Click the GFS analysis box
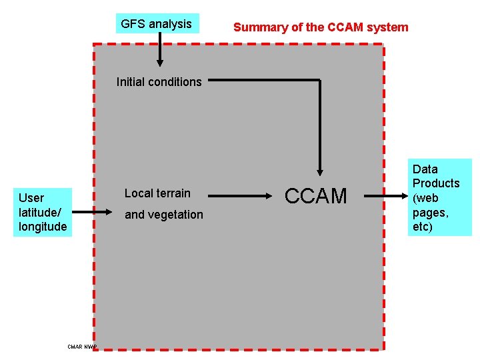[x=157, y=24]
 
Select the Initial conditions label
[x=159, y=82]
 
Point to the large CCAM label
[x=316, y=195]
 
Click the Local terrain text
[x=157, y=193]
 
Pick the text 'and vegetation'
[x=164, y=215]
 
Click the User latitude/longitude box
[x=43, y=212]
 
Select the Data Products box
[x=436, y=197]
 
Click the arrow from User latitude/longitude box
[x=92, y=212]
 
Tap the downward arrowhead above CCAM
[x=320, y=171]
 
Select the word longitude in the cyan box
[x=43, y=227]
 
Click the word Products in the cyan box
[x=436, y=183]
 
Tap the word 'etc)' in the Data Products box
[x=423, y=227]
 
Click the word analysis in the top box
[x=170, y=24]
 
